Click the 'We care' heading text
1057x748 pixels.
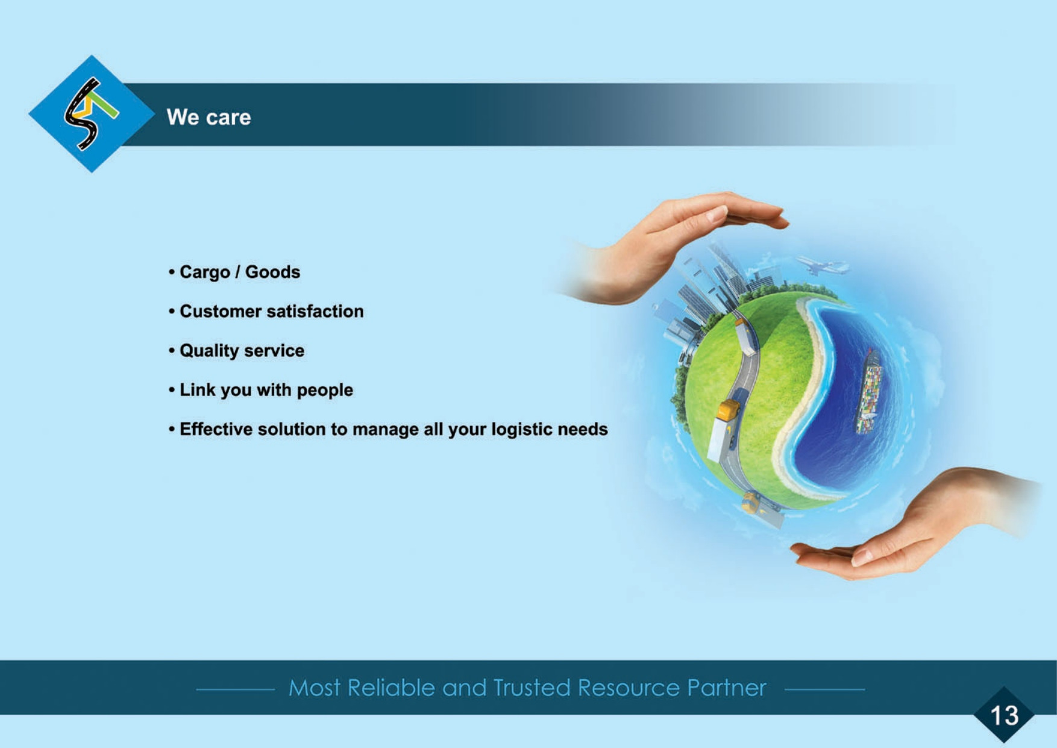[209, 117]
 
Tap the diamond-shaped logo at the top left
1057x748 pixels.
[92, 114]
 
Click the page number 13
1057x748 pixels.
[1004, 715]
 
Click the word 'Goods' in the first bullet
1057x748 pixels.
[272, 272]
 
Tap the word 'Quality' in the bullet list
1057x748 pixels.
[209, 351]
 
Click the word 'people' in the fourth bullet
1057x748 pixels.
[325, 390]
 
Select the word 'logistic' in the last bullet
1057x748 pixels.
[522, 429]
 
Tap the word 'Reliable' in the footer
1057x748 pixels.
[391, 688]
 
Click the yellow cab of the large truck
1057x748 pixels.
[728, 410]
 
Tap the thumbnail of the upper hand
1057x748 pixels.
[717, 215]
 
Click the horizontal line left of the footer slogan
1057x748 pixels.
[236, 689]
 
